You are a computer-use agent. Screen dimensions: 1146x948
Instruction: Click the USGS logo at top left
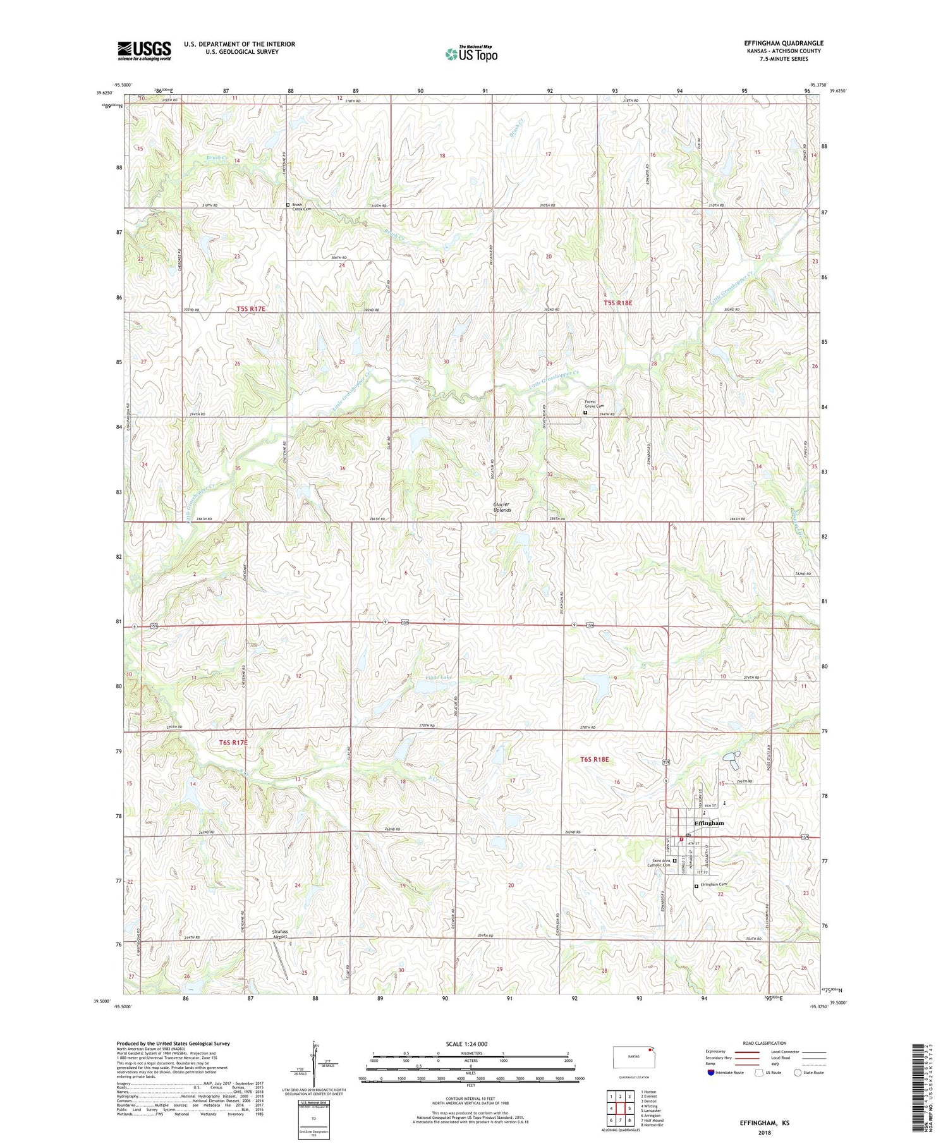(x=144, y=51)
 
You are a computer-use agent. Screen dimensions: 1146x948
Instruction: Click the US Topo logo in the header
(x=471, y=54)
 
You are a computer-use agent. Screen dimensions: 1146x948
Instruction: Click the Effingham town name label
(x=708, y=824)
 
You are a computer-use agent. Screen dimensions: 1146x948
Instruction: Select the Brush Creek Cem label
(x=301, y=207)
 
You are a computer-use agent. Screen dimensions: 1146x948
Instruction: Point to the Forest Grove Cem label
(x=594, y=404)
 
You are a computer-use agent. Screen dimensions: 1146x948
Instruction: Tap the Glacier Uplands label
(x=502, y=507)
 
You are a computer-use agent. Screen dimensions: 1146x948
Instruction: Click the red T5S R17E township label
(x=251, y=308)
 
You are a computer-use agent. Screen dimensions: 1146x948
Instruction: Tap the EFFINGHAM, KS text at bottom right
(x=764, y=1123)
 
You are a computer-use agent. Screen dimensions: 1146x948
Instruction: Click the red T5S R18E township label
(x=617, y=303)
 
